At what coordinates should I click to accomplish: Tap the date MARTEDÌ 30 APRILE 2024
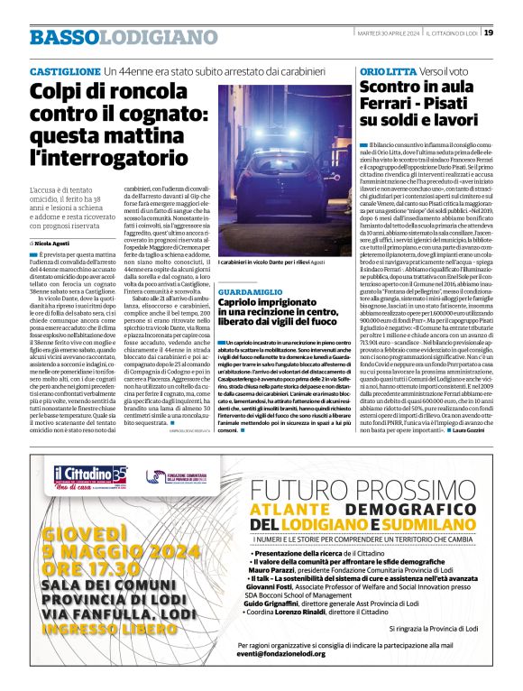click(366, 33)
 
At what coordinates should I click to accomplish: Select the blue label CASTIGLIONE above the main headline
click(65, 70)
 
